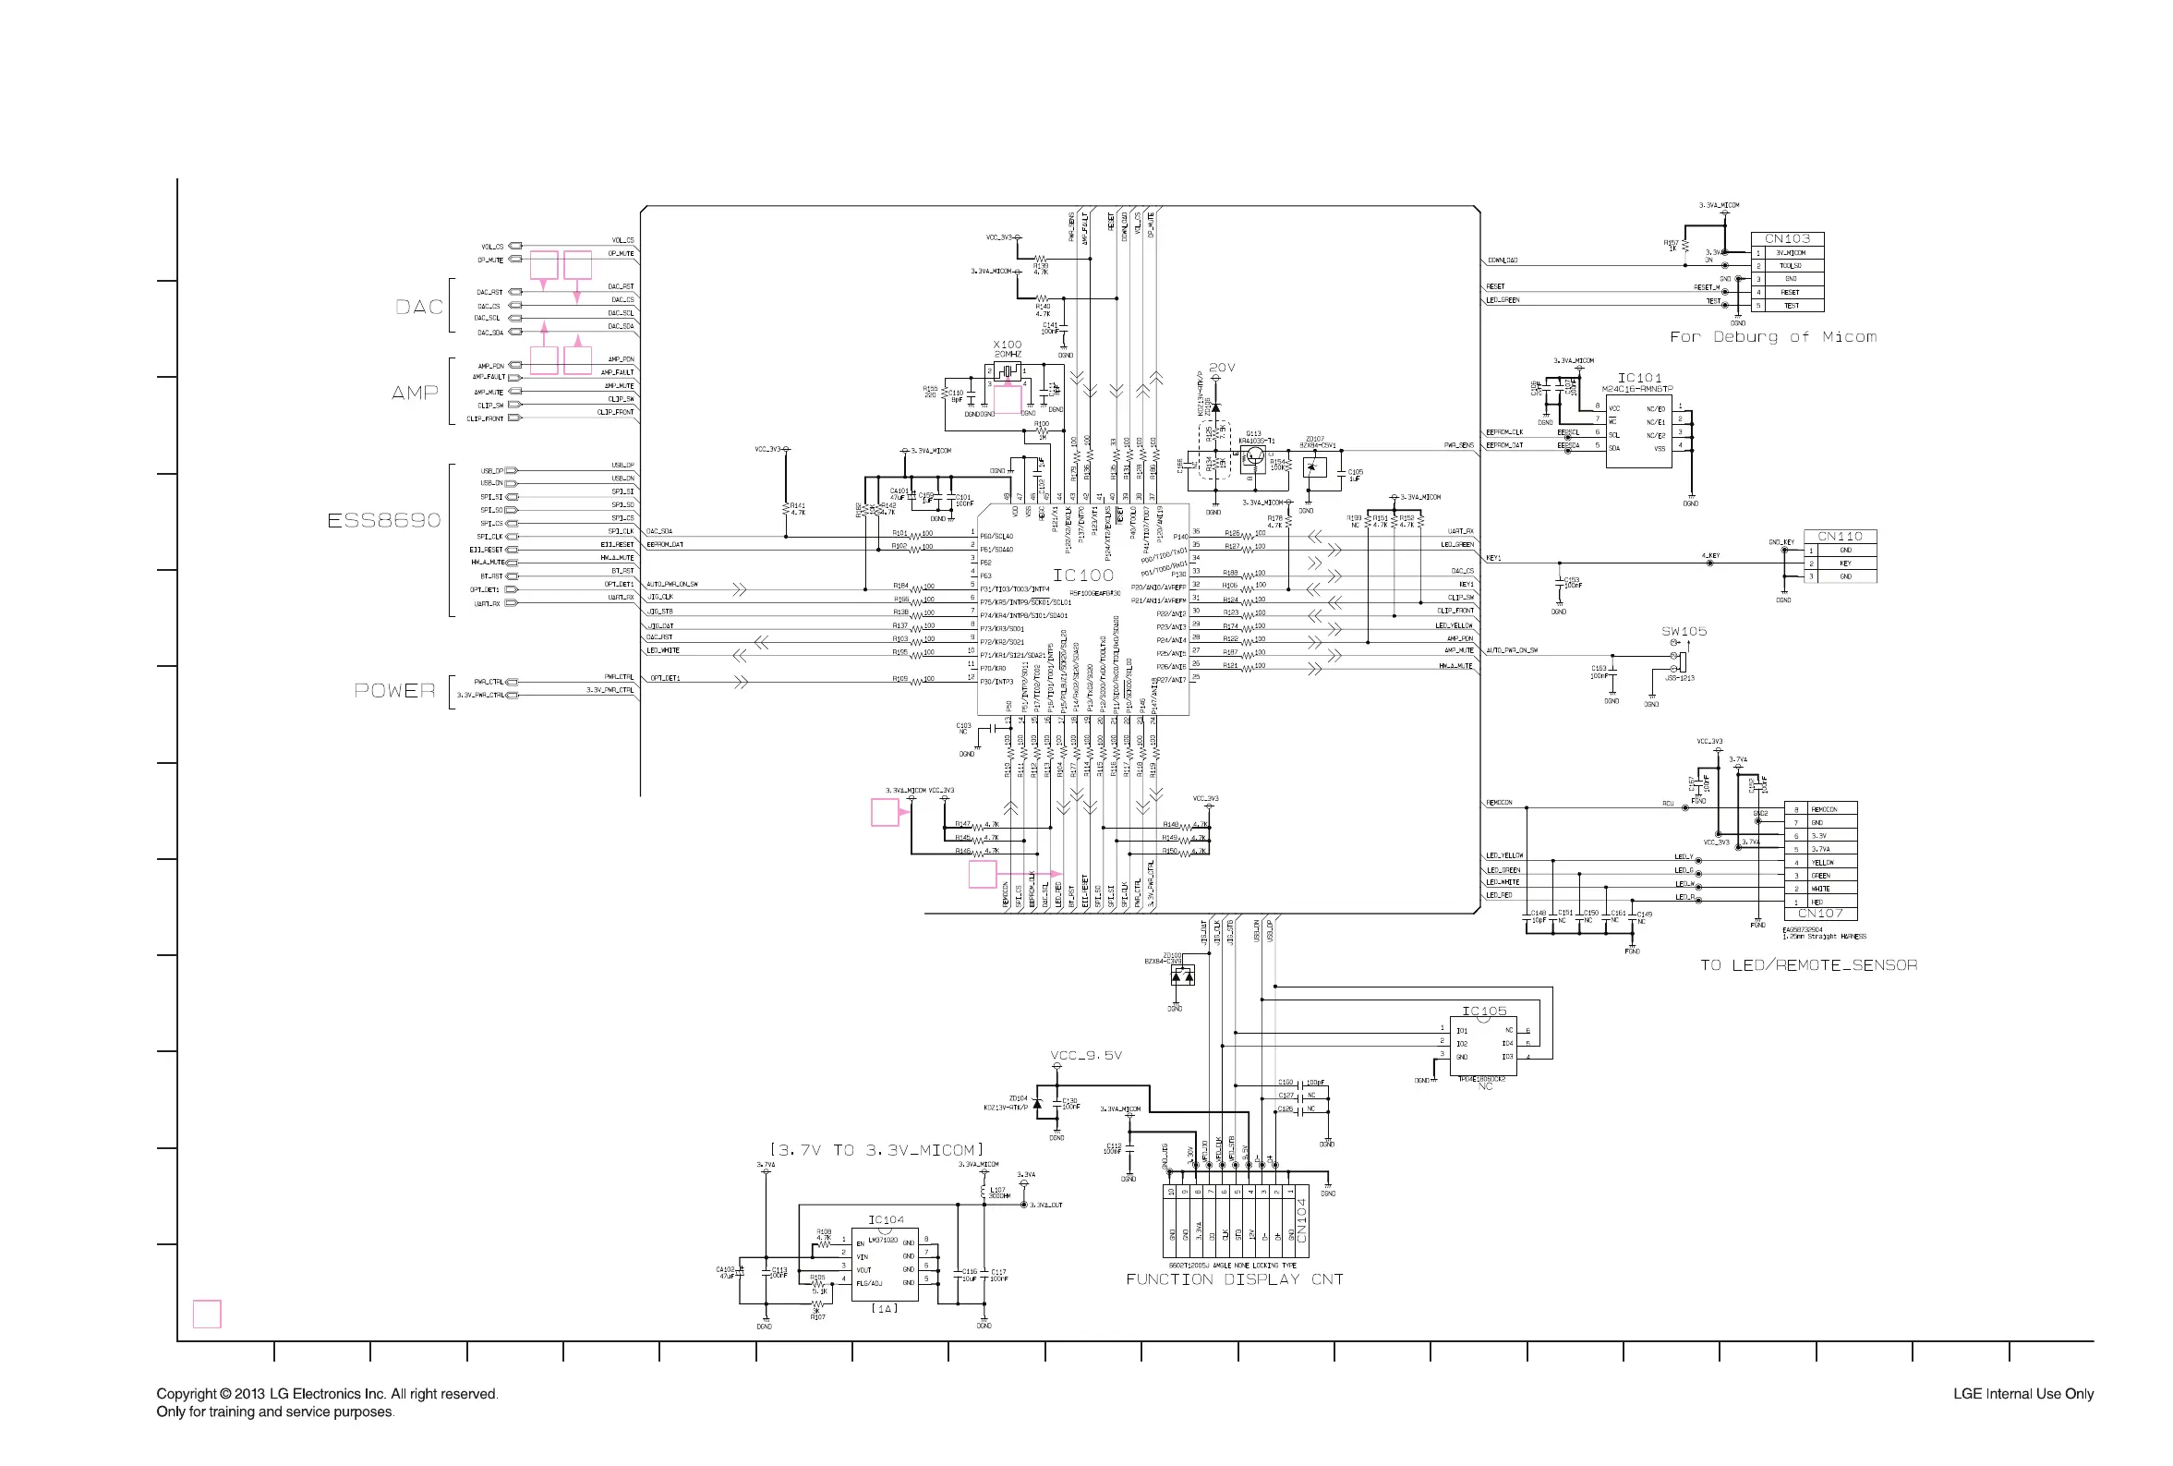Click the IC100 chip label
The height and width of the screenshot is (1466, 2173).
[x=1082, y=575]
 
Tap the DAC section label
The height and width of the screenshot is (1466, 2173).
[x=418, y=307]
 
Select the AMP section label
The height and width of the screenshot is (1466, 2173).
[x=415, y=393]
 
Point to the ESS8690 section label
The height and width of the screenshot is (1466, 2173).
[x=383, y=520]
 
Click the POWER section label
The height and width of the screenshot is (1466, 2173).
[x=394, y=691]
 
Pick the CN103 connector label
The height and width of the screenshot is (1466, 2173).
[x=1786, y=238]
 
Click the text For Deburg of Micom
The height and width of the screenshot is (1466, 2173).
[x=1772, y=336]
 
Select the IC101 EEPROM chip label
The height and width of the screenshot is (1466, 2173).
[x=1639, y=378]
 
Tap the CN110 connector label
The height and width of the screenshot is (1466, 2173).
[x=1840, y=536]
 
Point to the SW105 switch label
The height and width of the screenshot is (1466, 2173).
[x=1684, y=631]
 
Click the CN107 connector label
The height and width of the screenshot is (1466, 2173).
[x=1819, y=914]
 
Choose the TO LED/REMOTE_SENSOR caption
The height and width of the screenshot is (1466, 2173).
[x=1807, y=965]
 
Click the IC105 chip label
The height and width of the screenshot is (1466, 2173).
[x=1483, y=1011]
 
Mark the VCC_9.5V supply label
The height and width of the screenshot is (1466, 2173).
[x=1085, y=1056]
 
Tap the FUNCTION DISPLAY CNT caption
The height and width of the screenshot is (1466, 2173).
[x=1234, y=1279]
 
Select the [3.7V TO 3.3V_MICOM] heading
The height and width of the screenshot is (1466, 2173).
[x=875, y=1150]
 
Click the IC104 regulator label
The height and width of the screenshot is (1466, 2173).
[x=885, y=1219]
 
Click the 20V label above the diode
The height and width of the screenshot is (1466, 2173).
[x=1222, y=368]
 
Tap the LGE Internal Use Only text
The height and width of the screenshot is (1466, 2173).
[x=2022, y=1393]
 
